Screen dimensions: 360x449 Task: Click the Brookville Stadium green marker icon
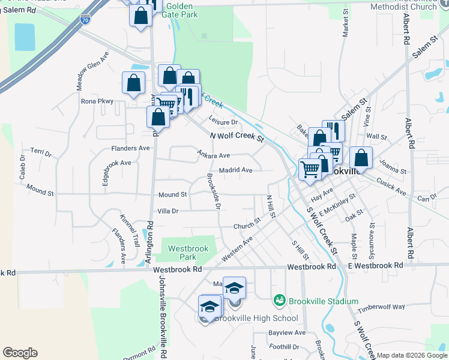(278, 300)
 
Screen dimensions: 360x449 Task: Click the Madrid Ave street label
(235, 170)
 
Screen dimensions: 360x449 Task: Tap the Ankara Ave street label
(214, 155)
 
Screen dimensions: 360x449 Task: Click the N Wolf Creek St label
(237, 137)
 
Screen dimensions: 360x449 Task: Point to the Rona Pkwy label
(97, 101)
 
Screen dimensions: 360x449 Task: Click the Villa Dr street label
(168, 211)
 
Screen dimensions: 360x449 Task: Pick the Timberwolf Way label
(381, 307)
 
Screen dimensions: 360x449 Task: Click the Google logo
(20, 353)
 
